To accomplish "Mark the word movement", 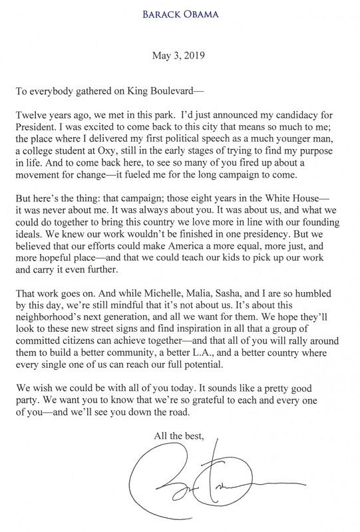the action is coord(52,183).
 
